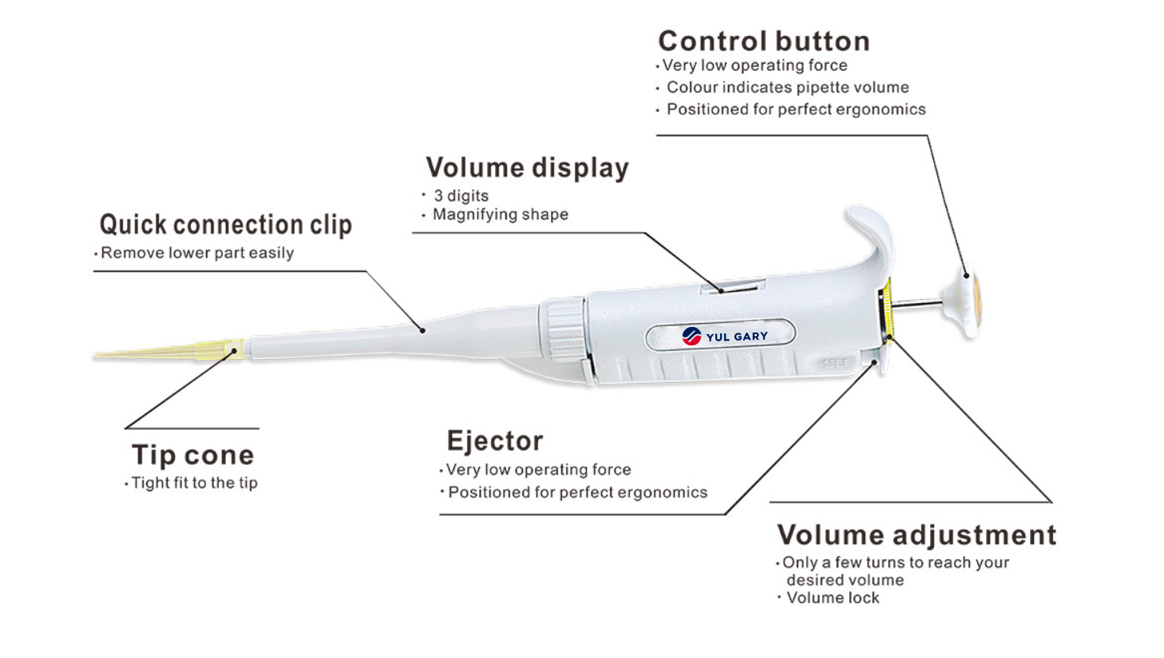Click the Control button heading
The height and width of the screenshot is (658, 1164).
coord(764,41)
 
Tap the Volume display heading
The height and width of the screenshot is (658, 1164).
coord(528,168)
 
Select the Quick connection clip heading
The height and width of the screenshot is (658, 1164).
coord(225,226)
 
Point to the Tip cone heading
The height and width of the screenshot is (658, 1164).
coord(192,455)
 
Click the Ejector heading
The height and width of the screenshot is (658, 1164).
coord(495,441)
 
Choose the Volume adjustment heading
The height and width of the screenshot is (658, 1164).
coord(917,535)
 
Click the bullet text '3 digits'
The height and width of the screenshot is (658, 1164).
coord(461,195)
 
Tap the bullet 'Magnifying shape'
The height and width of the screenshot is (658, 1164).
coord(501,215)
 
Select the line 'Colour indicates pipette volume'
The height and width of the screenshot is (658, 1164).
coord(788,87)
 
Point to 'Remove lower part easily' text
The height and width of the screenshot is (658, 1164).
coord(197,253)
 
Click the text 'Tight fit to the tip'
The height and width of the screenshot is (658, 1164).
coord(194,483)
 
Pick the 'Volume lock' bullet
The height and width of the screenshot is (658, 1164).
coord(833,597)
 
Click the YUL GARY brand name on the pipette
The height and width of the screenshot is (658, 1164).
coord(737,337)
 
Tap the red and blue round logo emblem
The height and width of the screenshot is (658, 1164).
coord(691,337)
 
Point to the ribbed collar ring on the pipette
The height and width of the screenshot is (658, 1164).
coord(564,329)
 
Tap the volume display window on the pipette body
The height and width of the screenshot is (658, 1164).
coord(733,286)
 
